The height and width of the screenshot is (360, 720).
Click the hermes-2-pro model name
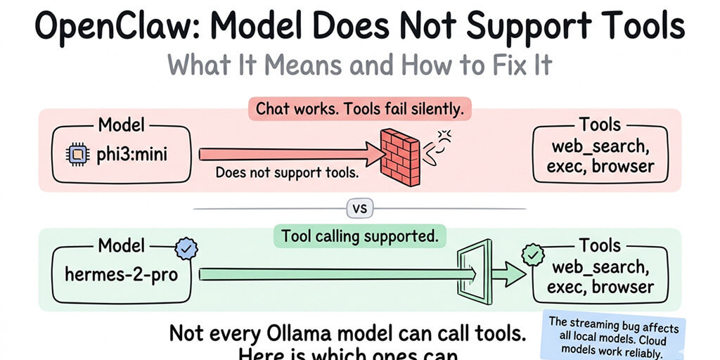point(121,274)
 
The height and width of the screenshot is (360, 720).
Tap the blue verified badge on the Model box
point(186,247)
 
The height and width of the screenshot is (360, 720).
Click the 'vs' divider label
point(359,209)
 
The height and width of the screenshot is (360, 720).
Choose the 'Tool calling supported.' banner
point(359,236)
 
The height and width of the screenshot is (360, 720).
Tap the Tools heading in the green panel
point(601,245)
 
